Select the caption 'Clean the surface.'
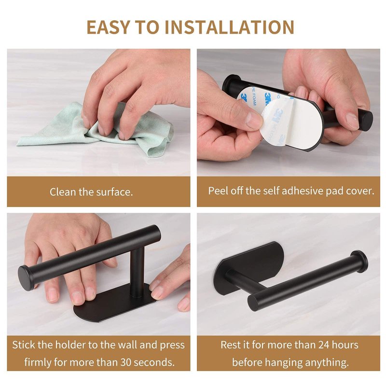point(91,192)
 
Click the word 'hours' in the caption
point(345,345)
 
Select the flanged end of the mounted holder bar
point(360,262)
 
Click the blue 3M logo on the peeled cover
point(277,117)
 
